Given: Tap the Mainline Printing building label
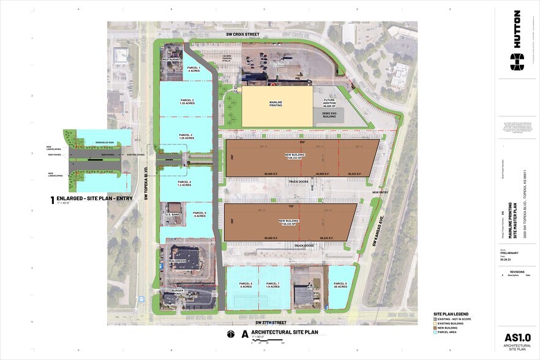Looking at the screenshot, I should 279,105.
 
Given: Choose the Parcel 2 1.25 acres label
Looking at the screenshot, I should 187,102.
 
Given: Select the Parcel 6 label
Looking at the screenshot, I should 246,285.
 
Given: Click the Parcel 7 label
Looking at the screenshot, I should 273,285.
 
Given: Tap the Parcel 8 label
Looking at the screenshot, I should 340,285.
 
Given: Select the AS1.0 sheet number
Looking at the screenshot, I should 517,337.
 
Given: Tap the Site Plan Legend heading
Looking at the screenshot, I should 446,311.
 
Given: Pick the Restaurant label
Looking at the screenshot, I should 171,59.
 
